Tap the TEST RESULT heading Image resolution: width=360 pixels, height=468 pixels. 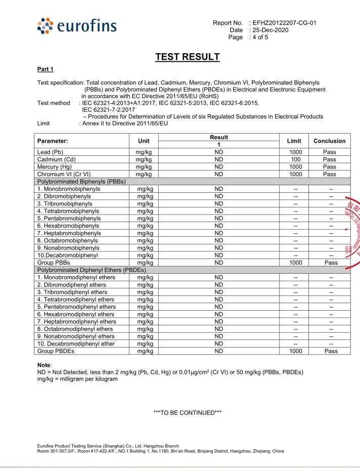tap(187, 57)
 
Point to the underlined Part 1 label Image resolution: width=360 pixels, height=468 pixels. tap(46, 69)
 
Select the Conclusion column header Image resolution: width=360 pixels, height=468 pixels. tap(329, 141)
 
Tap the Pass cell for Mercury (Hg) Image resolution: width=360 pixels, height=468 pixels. tap(329, 166)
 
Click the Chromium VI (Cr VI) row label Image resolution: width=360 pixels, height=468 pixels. tap(64, 174)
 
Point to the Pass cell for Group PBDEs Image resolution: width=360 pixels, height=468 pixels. tap(329, 351)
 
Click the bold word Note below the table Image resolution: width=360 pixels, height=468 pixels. tap(44, 365)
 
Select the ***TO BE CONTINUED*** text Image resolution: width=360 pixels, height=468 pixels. tap(188, 413)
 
